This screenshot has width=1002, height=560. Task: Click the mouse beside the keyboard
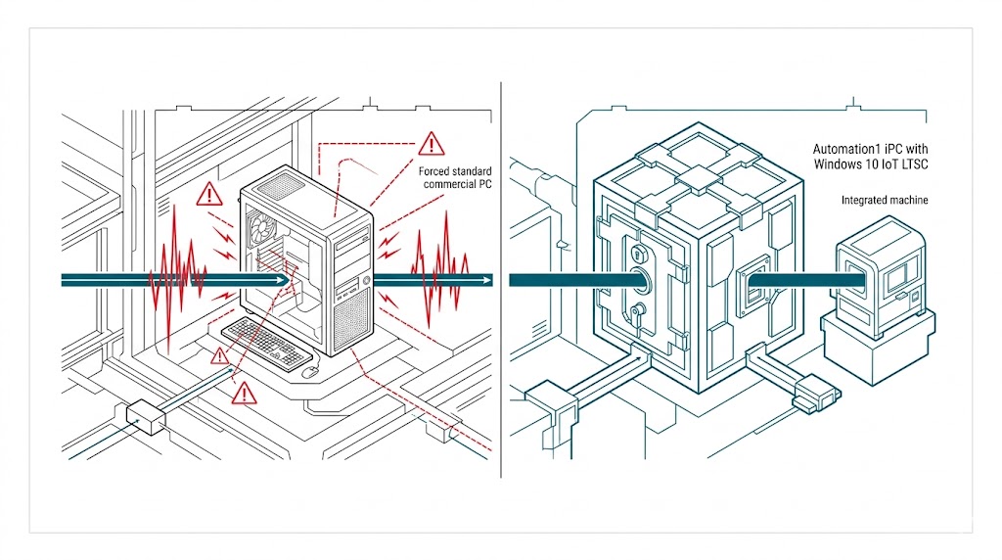pyautogui.click(x=310, y=371)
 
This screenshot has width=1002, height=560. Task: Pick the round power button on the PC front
pyautogui.click(x=364, y=282)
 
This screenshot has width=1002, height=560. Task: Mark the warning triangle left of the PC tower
pyautogui.click(x=209, y=194)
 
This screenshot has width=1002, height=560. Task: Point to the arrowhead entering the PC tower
pyautogui.click(x=282, y=280)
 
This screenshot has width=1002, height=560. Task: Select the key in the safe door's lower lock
pyautogui.click(x=637, y=312)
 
